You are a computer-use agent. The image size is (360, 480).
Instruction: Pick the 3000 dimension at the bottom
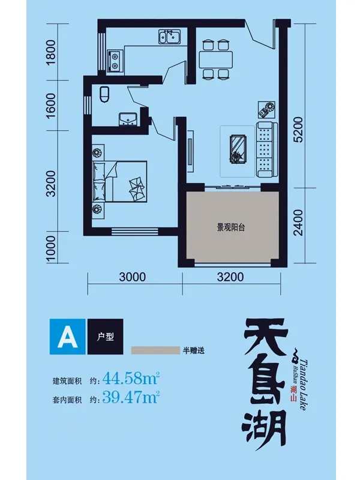[x=133, y=277]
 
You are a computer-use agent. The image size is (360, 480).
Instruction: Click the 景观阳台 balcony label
[x=232, y=227]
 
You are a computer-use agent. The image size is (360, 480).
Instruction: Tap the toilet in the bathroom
[x=104, y=94]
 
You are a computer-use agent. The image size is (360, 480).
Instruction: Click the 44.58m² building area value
[x=130, y=379]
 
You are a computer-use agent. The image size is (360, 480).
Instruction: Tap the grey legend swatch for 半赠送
[x=155, y=350]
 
